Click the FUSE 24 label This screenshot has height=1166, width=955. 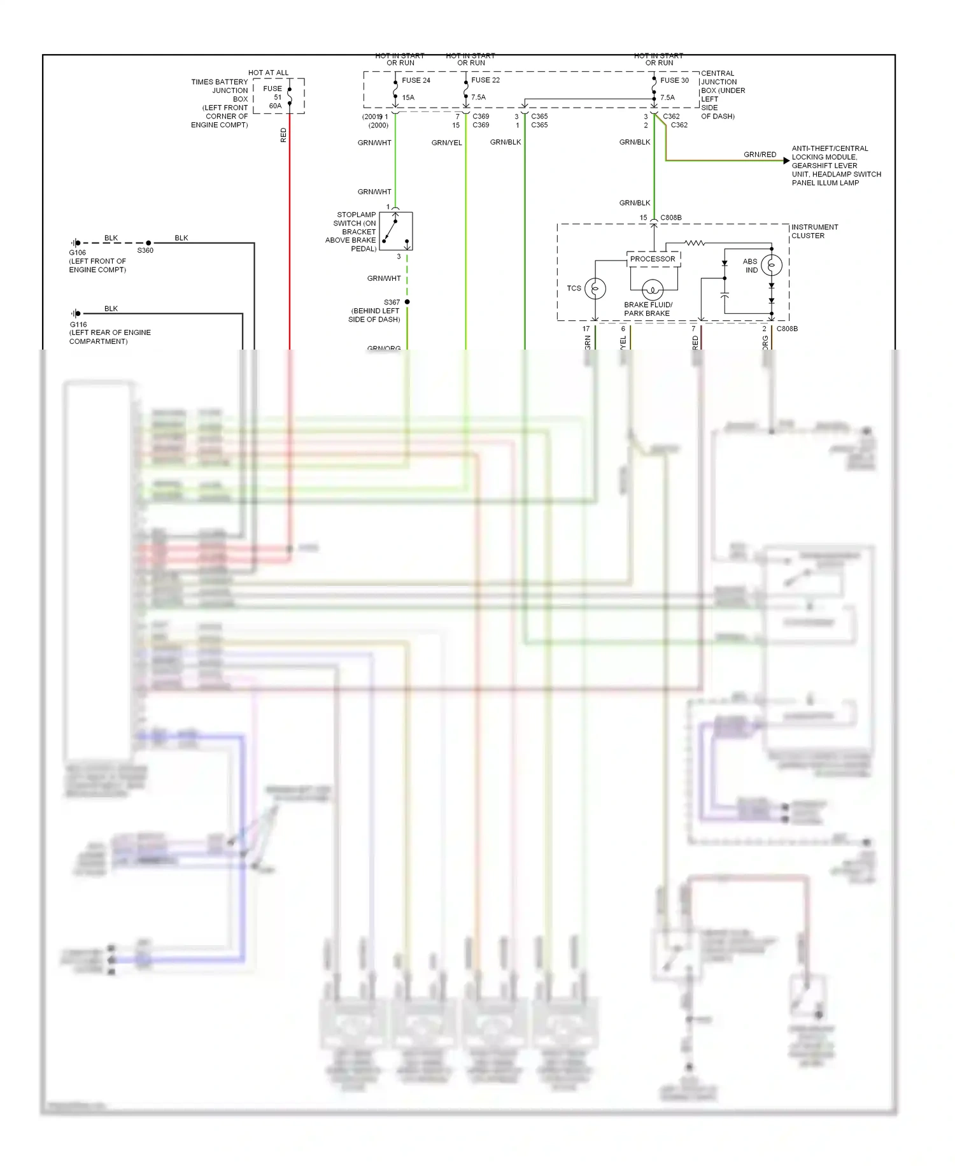coord(416,81)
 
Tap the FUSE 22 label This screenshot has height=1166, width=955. coord(485,80)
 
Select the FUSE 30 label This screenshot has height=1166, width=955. coord(674,81)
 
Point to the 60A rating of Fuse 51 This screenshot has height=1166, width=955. coord(275,106)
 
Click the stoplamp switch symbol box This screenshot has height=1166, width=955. coord(395,231)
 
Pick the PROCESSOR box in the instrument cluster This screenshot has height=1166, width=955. coord(653,259)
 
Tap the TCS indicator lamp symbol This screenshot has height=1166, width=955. coord(595,288)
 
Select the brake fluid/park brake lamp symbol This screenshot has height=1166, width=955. coord(652,290)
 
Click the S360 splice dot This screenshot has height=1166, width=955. coord(149,243)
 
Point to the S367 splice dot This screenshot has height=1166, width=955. coord(407,302)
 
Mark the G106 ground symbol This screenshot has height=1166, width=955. coord(76,243)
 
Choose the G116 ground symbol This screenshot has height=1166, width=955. coord(76,313)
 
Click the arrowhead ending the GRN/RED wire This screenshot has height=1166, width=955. coord(787,161)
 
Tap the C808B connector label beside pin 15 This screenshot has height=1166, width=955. coord(670,218)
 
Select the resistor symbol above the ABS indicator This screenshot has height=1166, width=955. coord(695,243)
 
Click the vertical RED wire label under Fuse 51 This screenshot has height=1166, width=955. coord(284,135)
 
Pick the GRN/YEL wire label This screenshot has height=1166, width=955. coord(446,143)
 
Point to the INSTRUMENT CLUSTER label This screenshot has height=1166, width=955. coord(814,231)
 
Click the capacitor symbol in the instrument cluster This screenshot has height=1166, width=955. coord(725,295)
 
